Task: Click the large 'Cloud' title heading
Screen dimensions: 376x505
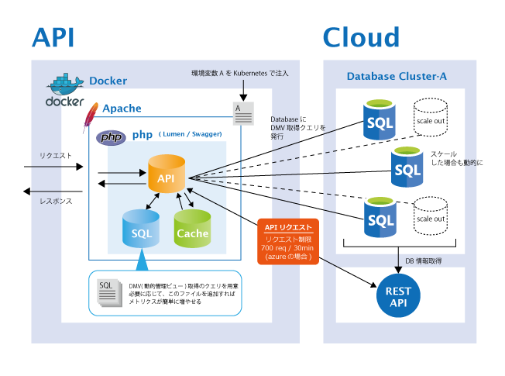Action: [x=361, y=37]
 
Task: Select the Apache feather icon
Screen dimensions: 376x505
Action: [x=91, y=116]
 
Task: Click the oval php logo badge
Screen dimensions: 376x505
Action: [x=111, y=137]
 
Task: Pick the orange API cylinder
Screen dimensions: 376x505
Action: [x=167, y=174]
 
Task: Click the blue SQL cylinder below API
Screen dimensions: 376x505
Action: [x=141, y=229]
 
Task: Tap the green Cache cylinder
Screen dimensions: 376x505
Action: [x=192, y=229]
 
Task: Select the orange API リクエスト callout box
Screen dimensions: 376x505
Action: [x=289, y=241]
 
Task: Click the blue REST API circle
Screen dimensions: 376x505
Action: [x=398, y=297]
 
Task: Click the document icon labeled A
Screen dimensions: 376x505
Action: [x=243, y=112]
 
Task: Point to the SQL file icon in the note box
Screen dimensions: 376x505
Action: [x=107, y=291]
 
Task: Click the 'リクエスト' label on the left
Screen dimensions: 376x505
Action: [x=56, y=156]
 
